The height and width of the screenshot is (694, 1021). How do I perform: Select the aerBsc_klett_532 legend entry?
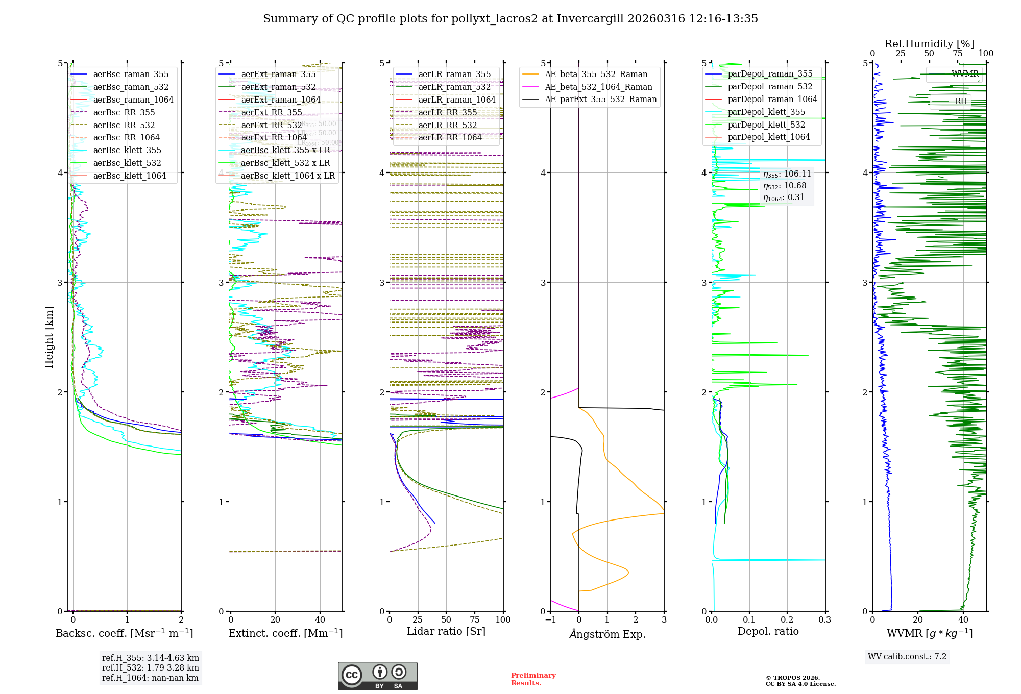click(x=127, y=163)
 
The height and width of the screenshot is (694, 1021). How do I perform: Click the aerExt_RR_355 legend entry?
click(x=271, y=113)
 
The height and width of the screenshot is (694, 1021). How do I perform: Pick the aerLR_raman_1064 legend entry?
click(x=456, y=100)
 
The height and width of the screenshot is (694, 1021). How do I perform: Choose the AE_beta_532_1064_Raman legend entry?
click(x=598, y=87)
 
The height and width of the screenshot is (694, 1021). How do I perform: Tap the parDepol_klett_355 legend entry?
click(x=766, y=112)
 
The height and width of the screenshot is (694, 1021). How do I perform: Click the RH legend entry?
click(x=961, y=102)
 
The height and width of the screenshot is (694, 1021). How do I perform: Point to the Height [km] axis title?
click(x=49, y=337)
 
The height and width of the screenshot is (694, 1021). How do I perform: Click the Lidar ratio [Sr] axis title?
click(x=446, y=631)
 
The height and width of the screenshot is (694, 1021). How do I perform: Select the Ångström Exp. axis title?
click(x=607, y=634)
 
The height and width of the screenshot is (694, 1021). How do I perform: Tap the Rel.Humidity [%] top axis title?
click(x=929, y=44)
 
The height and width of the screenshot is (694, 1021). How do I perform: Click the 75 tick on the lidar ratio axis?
click(x=475, y=620)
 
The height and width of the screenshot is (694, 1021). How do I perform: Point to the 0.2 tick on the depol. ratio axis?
click(x=787, y=620)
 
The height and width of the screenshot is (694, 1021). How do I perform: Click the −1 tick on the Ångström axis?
click(x=550, y=620)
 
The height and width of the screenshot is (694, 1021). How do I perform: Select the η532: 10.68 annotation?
click(x=785, y=186)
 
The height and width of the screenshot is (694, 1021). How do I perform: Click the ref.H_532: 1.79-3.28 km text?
click(x=150, y=668)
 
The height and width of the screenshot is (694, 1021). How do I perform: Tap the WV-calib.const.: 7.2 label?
click(x=907, y=657)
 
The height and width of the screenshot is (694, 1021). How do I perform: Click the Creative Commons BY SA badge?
click(x=377, y=676)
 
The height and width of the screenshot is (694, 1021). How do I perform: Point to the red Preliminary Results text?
click(x=533, y=679)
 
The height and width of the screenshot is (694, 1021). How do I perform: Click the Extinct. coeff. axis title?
click(x=285, y=633)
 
